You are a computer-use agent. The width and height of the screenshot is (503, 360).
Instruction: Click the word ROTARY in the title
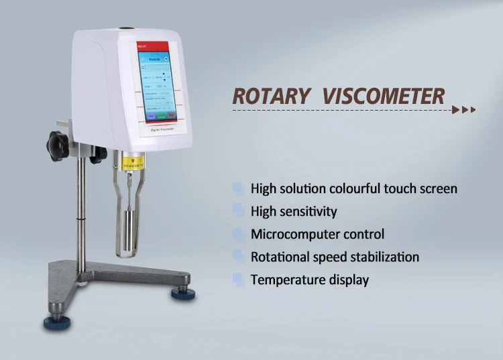tap(270, 96)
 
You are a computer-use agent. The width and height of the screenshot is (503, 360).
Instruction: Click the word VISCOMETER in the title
tap(383, 96)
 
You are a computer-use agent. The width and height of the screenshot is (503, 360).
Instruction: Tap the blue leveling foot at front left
tap(57, 323)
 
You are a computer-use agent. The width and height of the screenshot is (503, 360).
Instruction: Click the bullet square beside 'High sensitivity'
tap(238, 211)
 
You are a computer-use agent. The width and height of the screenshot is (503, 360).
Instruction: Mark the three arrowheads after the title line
tap(463, 109)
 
